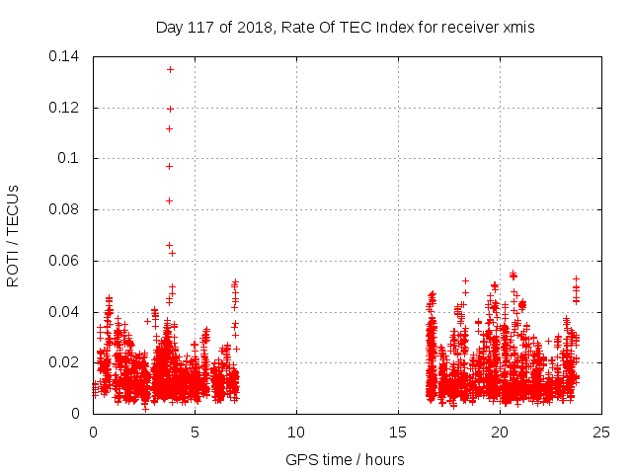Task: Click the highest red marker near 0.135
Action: [x=170, y=69]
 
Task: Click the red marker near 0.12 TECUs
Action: [x=170, y=109]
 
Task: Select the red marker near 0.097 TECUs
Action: [x=169, y=166]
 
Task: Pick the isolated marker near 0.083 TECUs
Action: [x=169, y=201]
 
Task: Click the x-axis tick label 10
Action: [x=296, y=432]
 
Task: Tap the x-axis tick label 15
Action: [x=398, y=432]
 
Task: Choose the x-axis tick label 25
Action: [x=601, y=432]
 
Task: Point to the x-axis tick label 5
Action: [x=195, y=432]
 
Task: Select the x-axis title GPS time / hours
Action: [x=345, y=459]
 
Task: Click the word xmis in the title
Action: [x=518, y=28]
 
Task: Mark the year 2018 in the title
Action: [x=250, y=28]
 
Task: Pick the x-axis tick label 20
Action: [x=500, y=432]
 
